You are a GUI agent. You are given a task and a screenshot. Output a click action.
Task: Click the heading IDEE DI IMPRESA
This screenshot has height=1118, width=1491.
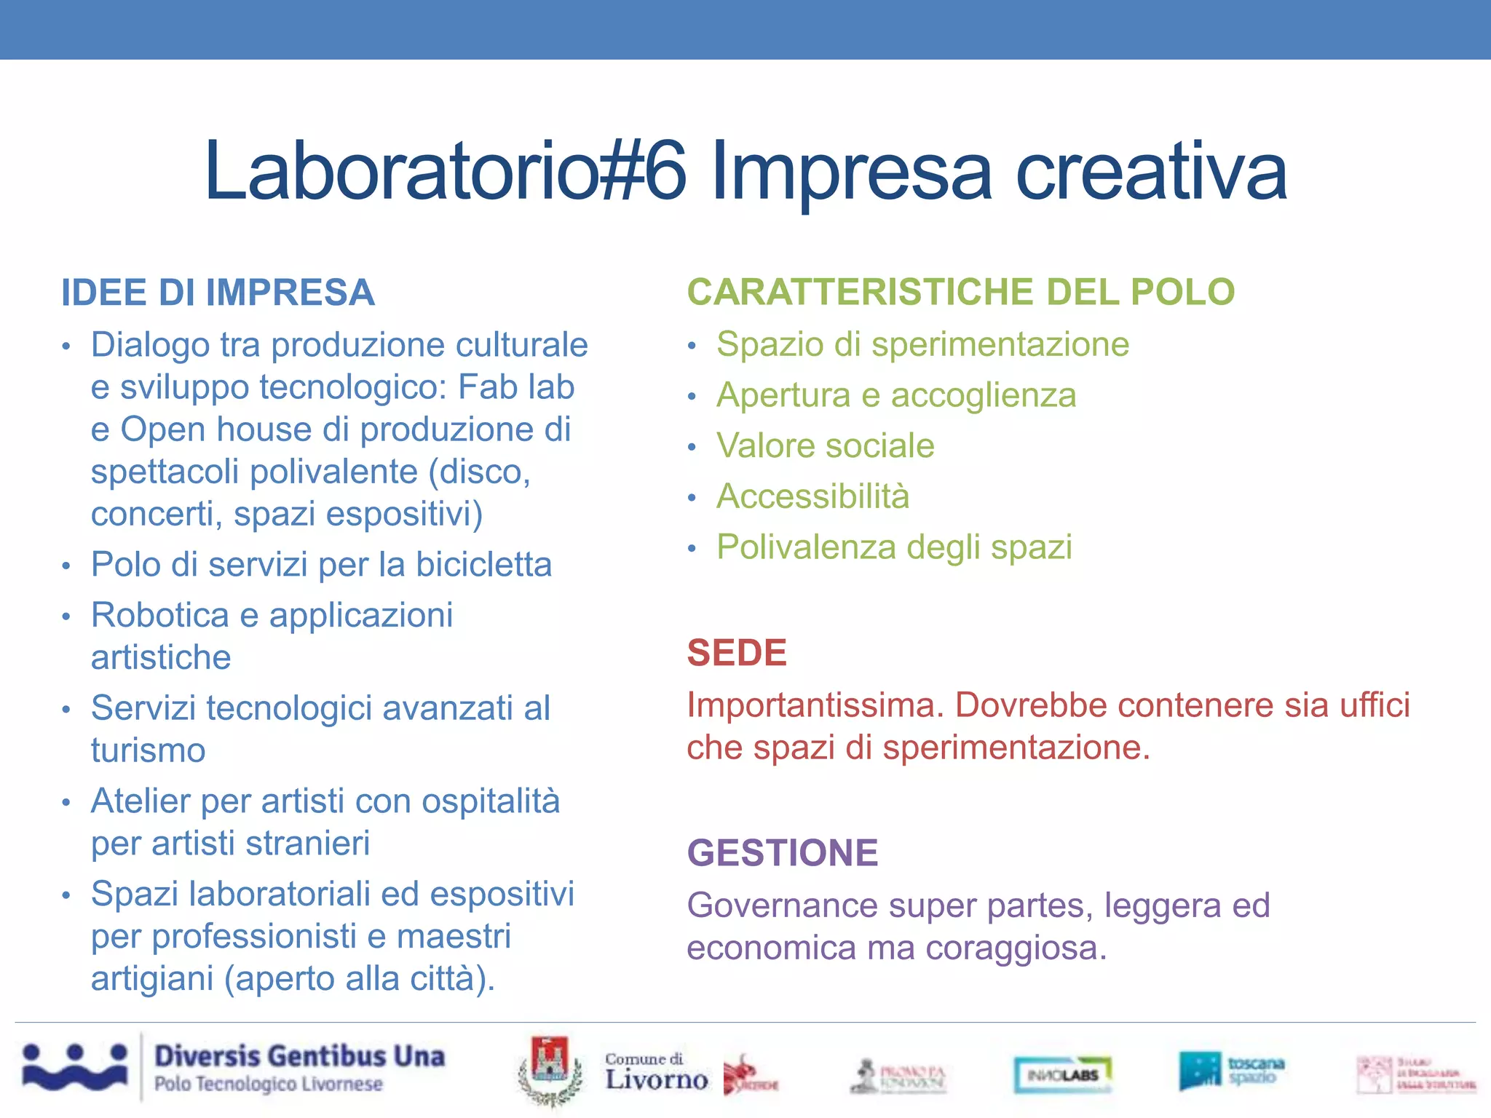click(218, 293)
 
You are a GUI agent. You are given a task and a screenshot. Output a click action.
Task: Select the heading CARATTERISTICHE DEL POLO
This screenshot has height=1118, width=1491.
click(960, 292)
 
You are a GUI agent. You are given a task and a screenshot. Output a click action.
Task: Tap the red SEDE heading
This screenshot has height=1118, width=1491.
click(737, 652)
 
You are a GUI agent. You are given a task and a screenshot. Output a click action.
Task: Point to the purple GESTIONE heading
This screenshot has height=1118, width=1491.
click(783, 852)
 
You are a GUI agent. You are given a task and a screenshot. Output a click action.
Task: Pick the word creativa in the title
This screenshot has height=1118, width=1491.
click(1151, 173)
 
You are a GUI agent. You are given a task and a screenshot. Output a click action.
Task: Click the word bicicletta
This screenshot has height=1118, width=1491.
click(483, 565)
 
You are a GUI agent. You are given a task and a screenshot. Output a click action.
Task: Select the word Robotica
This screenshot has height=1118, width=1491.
click(160, 615)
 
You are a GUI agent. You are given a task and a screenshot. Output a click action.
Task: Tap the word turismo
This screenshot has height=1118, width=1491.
click(148, 750)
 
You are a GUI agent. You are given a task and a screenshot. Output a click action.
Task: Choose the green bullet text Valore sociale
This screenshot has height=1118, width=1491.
click(825, 445)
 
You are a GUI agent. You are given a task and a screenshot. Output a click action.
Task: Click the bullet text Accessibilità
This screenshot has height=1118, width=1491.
click(812, 496)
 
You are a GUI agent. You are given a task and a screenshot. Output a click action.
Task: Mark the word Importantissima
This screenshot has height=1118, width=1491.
click(815, 705)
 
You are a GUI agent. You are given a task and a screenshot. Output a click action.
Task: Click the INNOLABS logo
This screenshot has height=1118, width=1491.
click(1063, 1074)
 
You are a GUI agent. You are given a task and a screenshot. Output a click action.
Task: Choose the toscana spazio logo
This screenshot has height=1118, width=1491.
click(1231, 1070)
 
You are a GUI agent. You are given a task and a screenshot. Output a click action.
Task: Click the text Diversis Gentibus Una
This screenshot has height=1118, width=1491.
click(299, 1056)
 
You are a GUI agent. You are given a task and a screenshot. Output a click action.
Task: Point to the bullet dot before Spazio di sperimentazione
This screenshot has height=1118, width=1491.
click(692, 346)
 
